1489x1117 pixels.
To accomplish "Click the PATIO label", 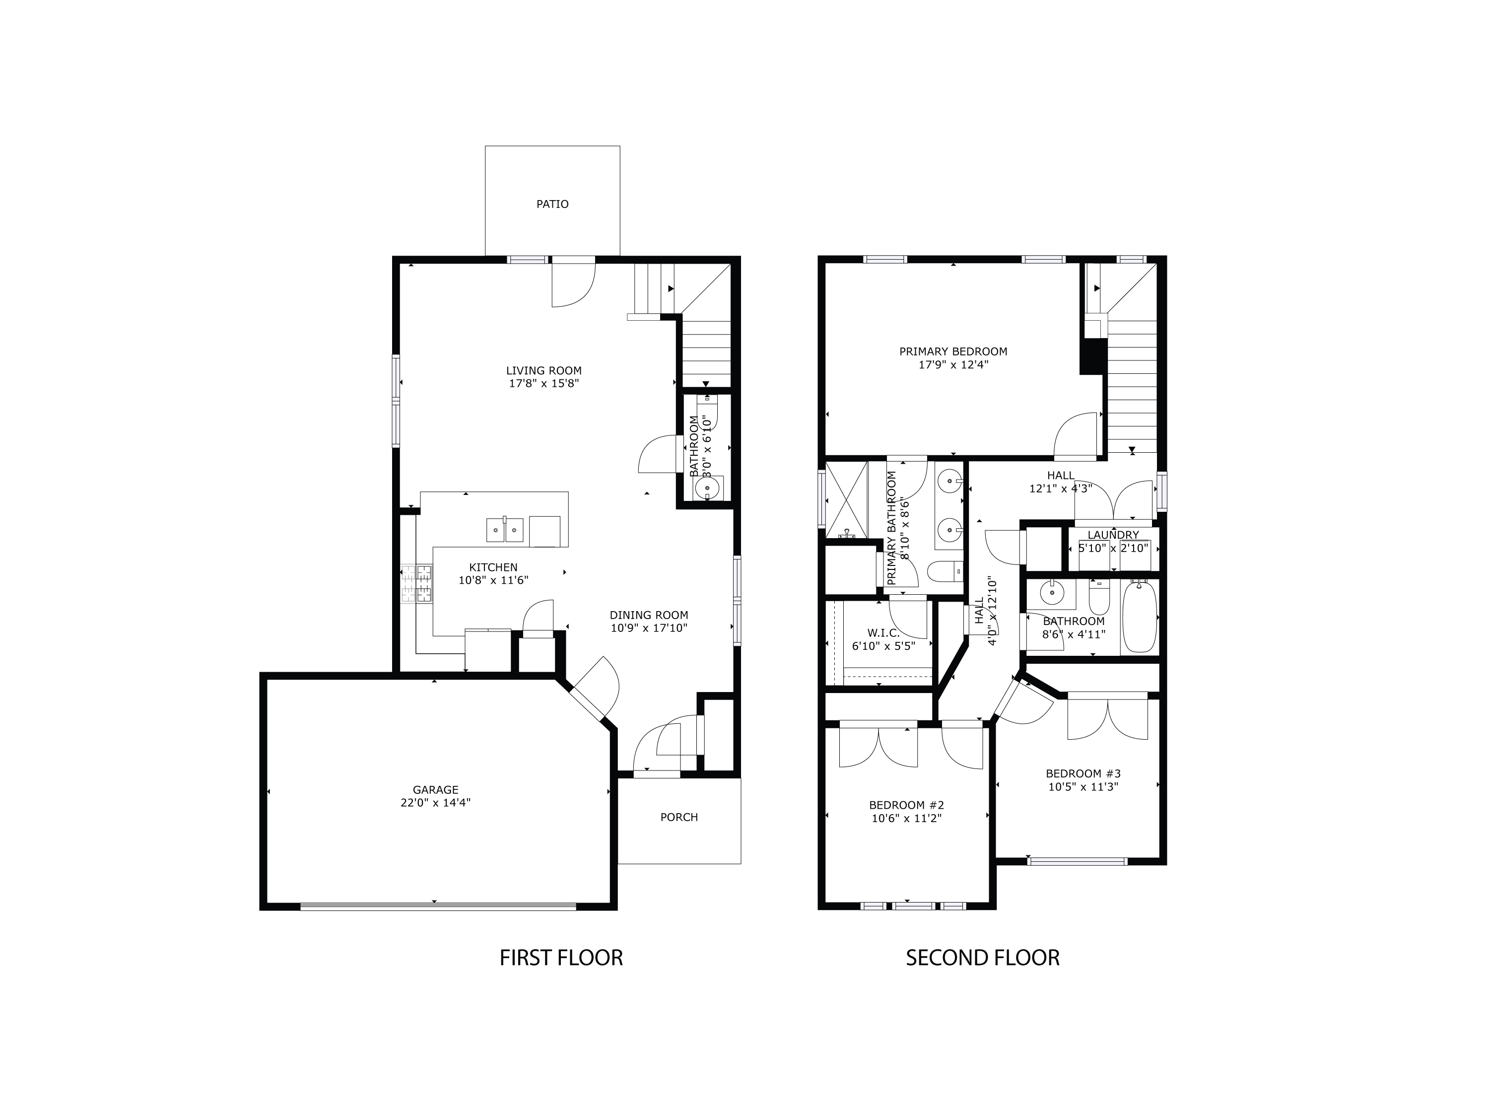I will [x=552, y=204].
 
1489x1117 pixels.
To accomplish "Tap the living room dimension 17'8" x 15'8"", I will [x=544, y=384].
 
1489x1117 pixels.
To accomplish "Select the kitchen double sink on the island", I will [x=505, y=530].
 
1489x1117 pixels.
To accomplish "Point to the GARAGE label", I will [x=435, y=790].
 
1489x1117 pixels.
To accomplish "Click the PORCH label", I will [x=678, y=817].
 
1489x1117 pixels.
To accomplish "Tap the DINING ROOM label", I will [x=649, y=615].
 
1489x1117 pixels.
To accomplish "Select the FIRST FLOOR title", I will [x=561, y=958].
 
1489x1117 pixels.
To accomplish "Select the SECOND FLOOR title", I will [x=982, y=958].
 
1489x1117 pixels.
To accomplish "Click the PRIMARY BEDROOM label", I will [x=953, y=351].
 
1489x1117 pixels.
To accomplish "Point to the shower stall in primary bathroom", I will [x=845, y=498].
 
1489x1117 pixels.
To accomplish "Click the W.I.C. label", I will [x=883, y=633].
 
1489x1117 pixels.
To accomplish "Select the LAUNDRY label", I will [x=1113, y=535].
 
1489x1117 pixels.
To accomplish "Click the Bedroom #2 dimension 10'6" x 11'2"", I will [x=906, y=819].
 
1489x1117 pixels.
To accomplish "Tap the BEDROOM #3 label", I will [x=1083, y=773].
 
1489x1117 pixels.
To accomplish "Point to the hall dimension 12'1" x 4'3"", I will [x=1060, y=489].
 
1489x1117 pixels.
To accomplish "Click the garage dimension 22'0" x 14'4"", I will [x=435, y=803].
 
